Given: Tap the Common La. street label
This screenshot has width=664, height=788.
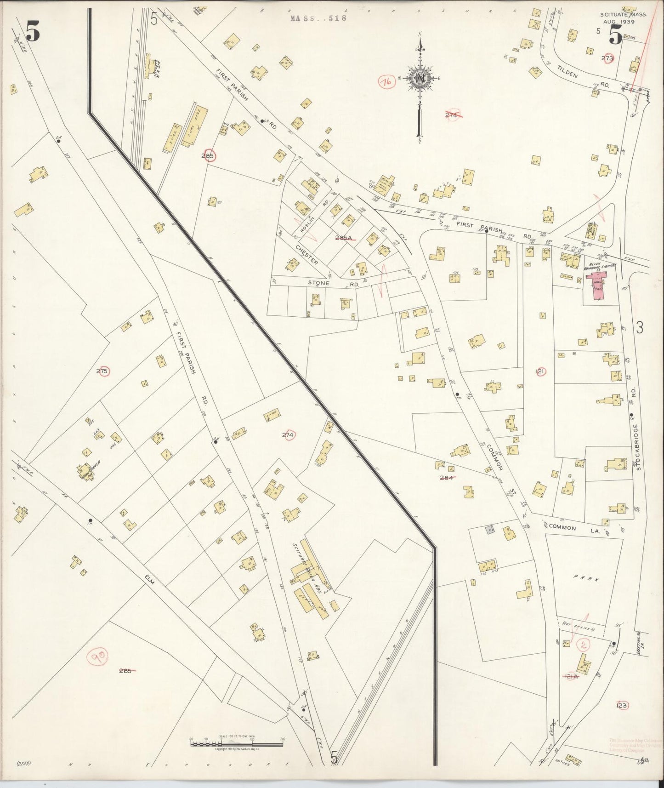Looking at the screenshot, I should (562, 528).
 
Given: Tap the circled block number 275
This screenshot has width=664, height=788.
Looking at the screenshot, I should (102, 371).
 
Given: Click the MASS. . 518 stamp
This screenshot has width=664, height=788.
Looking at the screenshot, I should (318, 18).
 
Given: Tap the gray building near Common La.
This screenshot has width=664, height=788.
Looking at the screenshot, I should (490, 530).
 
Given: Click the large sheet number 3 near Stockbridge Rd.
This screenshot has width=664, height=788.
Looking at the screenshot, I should (640, 327).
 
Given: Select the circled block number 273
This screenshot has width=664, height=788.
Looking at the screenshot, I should (607, 58).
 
